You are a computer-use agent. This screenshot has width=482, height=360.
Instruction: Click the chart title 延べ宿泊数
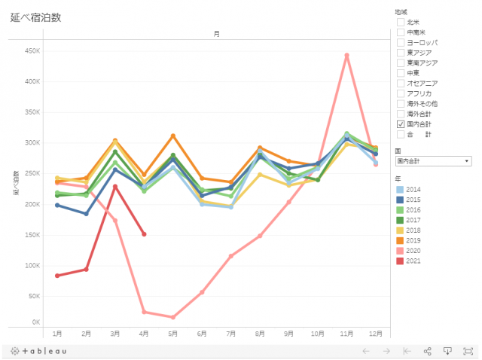pos(35,17)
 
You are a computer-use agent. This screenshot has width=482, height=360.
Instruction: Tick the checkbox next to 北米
pos(401,23)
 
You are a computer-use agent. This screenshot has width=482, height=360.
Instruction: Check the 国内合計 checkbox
pos(401,124)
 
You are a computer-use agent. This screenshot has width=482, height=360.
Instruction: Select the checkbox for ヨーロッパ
pos(401,43)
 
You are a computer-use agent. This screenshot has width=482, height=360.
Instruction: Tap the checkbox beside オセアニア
pos(401,83)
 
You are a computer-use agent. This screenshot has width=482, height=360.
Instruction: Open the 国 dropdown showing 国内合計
pos(433,161)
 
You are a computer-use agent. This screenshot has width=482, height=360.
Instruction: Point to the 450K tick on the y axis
pos(32,50)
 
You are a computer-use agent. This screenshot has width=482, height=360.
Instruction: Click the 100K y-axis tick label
pos(32,265)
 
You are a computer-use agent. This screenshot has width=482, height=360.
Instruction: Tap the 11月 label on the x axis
pos(346,333)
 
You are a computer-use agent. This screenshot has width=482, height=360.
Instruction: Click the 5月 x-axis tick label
pos(172,333)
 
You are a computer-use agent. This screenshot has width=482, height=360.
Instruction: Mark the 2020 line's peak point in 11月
pos(346,55)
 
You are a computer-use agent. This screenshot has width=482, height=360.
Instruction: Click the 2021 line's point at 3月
pos(115,186)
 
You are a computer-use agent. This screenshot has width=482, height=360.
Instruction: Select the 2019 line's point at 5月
pos(173,136)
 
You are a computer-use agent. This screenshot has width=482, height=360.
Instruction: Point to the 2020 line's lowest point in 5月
pos(173,317)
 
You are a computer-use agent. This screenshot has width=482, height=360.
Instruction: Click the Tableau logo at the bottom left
pos(39,351)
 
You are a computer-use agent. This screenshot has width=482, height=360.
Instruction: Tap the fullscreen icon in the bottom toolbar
pos(468,351)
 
